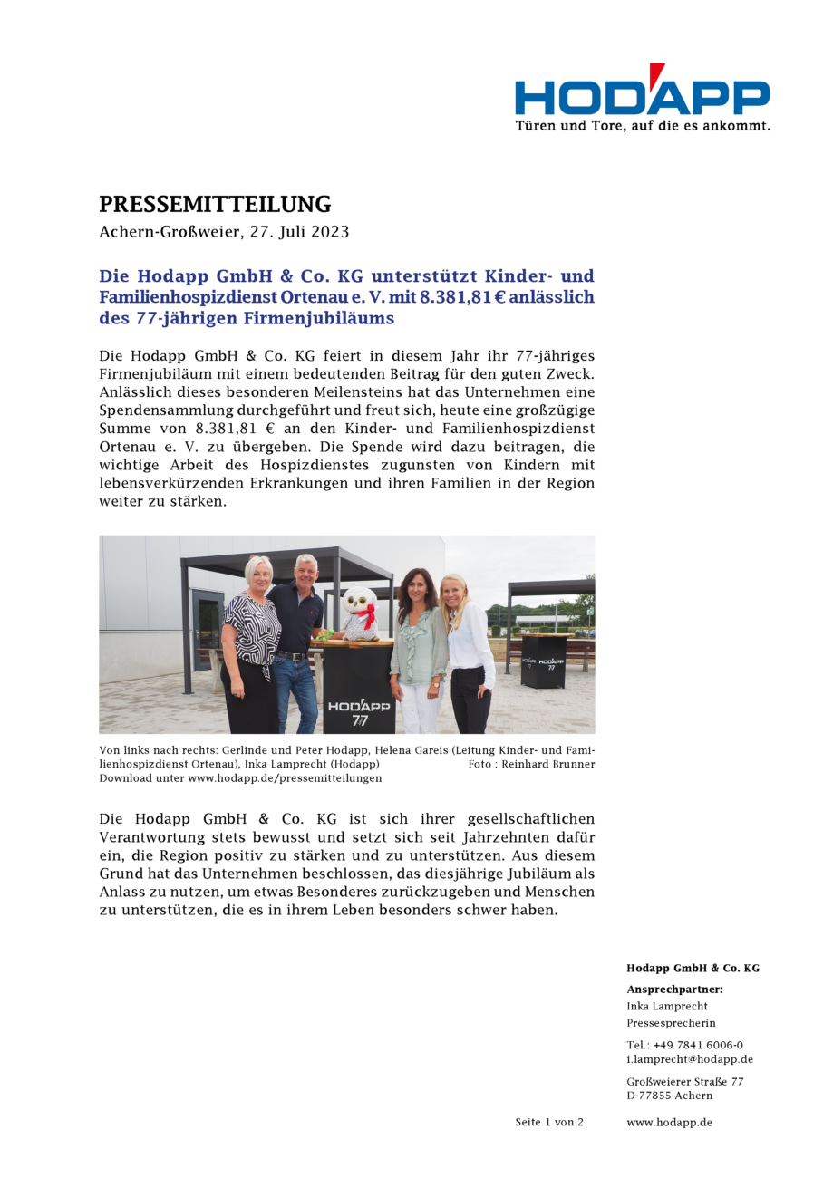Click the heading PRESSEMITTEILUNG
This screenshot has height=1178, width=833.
[215, 204]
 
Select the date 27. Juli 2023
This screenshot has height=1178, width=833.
[300, 232]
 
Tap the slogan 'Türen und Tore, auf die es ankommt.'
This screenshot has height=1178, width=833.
[642, 126]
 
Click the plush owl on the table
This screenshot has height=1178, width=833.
[361, 613]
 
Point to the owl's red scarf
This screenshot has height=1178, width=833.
[364, 620]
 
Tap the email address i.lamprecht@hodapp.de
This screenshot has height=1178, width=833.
[690, 1059]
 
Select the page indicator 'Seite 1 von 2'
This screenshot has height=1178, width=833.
[549, 1122]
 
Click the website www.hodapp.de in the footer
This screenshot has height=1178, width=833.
[669, 1122]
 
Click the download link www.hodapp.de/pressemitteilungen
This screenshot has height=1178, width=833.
[285, 777]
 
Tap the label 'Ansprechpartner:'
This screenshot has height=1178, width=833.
[674, 990]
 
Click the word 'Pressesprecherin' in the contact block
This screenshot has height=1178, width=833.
[671, 1023]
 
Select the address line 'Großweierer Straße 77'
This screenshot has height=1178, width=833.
[685, 1081]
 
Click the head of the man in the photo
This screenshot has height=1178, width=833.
[306, 568]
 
